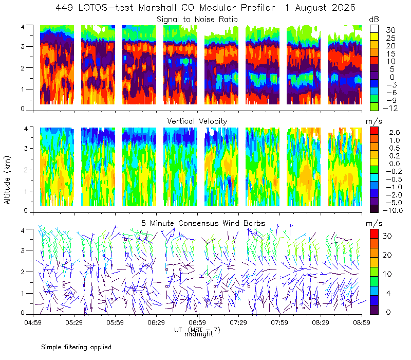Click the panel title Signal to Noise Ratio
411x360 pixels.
click(x=197, y=20)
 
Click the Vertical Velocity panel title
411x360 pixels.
click(x=197, y=121)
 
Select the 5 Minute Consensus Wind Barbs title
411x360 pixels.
click(x=203, y=223)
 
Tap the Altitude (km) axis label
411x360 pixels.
click(x=7, y=180)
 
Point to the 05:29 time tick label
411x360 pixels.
click(x=74, y=322)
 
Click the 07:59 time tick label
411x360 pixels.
click(x=279, y=322)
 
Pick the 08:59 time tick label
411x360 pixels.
click(x=362, y=322)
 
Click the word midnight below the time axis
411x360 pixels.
click(x=199, y=334)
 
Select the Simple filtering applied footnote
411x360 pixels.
click(x=76, y=348)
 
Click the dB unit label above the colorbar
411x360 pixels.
click(x=374, y=20)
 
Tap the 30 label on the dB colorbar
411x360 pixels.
click(x=390, y=30)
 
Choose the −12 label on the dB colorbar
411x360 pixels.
click(x=390, y=108)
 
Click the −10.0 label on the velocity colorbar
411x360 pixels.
click(x=393, y=210)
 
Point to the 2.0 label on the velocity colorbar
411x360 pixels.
click(x=395, y=133)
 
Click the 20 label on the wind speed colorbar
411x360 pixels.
click(x=387, y=255)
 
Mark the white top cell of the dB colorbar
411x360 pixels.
click(x=375, y=29)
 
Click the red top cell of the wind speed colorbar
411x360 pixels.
click(x=375, y=234)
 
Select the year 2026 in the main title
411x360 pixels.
click(x=344, y=8)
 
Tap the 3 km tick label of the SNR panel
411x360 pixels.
click(x=23, y=46)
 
